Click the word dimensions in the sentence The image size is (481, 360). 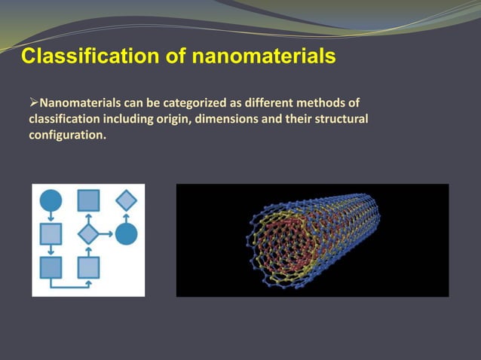tap(227, 120)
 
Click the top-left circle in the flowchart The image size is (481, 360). tap(51, 200)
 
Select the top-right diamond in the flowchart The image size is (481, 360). tap(126, 200)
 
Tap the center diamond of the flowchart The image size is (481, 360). tap(88, 233)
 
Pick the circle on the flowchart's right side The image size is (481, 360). tap(126, 233)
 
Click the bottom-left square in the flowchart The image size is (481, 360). tap(51, 267)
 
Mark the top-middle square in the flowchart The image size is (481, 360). tap(88, 200)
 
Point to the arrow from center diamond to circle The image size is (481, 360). tap(107, 233)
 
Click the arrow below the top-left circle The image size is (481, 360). tap(51, 217)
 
